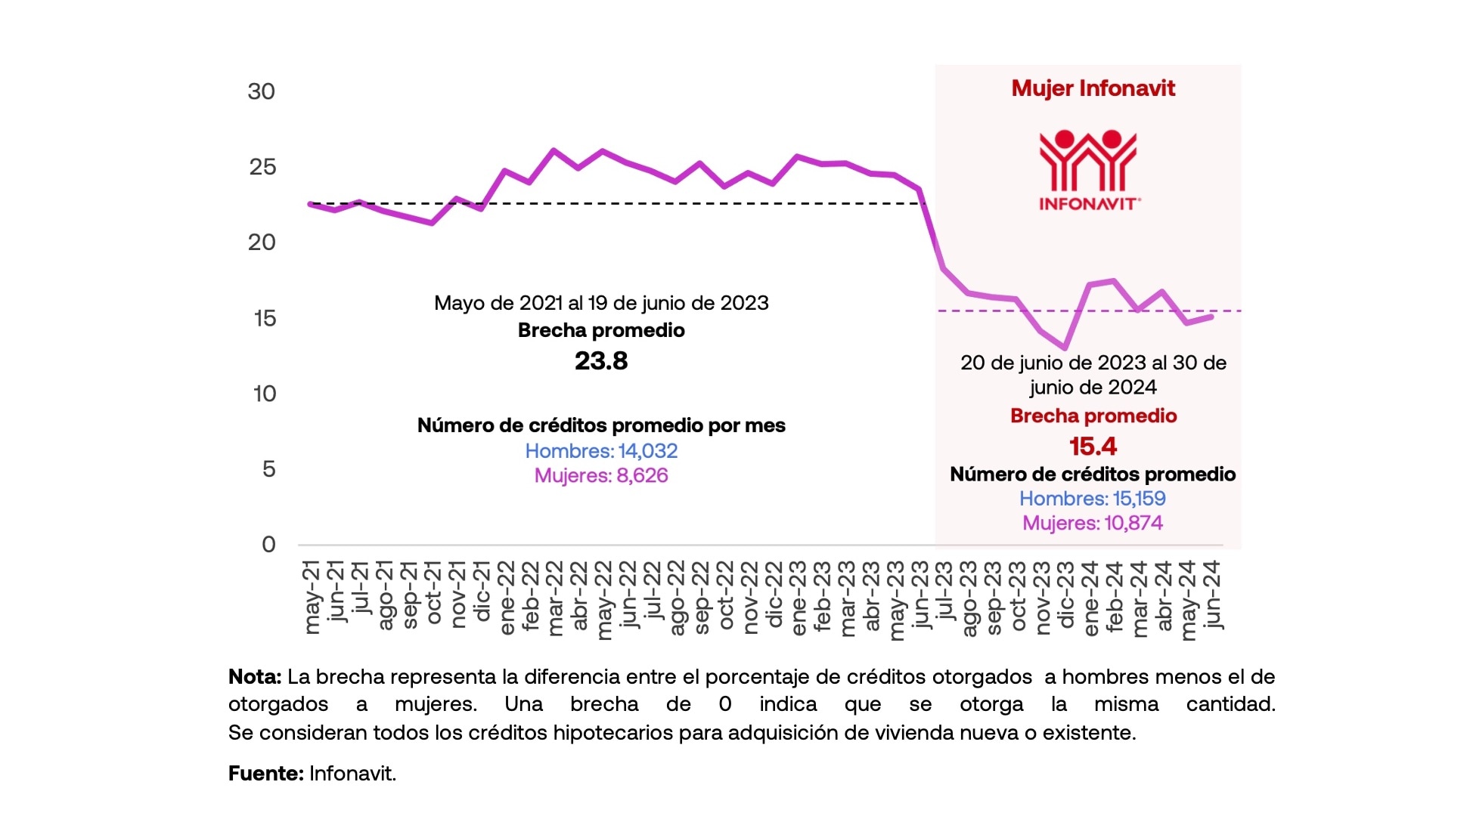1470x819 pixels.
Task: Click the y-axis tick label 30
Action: pos(261,91)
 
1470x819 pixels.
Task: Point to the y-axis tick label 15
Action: pos(265,318)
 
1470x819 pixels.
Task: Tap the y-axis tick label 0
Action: pos(268,544)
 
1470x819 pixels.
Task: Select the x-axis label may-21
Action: pos(312,597)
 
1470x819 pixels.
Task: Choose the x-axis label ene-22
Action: pos(506,597)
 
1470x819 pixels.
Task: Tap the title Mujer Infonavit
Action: pos(1093,88)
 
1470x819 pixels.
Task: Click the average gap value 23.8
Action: pos(601,361)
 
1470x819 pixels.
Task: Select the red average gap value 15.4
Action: pos(1093,447)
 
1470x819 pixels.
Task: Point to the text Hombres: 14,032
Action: pos(601,451)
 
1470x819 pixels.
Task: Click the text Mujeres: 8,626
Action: pos(601,476)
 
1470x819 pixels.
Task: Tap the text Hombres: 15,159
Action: pos(1092,499)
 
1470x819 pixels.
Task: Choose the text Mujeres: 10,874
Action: pos(1092,523)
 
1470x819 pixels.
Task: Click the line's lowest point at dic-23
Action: pos(1065,348)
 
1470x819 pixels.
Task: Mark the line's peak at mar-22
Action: pos(554,150)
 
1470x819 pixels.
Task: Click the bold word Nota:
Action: pos(255,677)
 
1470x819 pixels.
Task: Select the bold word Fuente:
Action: pos(266,774)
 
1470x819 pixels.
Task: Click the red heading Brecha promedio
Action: pos(1093,416)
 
